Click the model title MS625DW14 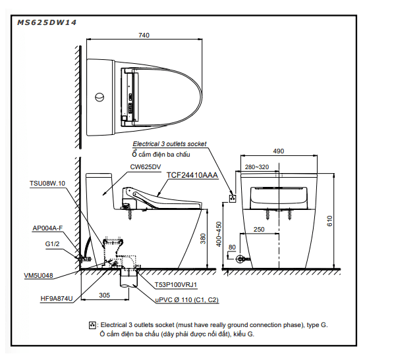coord(47,22)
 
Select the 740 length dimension coord(144,35)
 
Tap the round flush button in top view coord(99,97)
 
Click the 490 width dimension coord(279,151)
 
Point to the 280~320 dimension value coord(257,167)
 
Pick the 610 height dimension coord(329,221)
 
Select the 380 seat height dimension coord(203,239)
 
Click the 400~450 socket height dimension coord(219,234)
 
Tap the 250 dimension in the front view coord(259,230)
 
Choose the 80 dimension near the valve coord(232,247)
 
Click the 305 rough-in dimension coord(104,296)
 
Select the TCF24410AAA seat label coord(192,175)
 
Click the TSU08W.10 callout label coord(47,184)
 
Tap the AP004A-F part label coord(47,228)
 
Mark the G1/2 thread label coord(52,244)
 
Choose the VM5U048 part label coord(38,276)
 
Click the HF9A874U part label coord(57,299)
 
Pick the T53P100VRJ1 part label coord(176,285)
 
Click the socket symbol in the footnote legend coord(92,325)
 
